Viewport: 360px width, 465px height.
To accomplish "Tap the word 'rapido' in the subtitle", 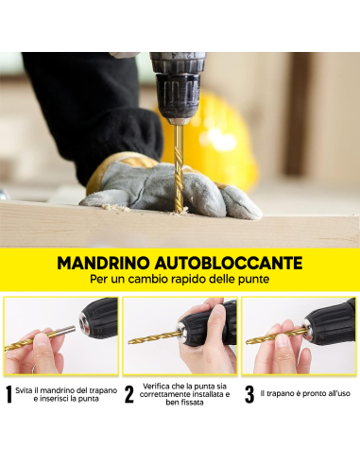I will (x=189, y=280).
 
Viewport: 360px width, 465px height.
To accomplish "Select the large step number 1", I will (x=9, y=395).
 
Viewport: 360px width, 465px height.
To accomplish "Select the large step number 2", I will (x=129, y=395).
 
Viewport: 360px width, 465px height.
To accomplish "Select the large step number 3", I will (x=249, y=395).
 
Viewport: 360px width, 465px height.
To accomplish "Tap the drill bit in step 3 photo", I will (x=274, y=335).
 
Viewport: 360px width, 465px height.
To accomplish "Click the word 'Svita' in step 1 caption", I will (x=26, y=389).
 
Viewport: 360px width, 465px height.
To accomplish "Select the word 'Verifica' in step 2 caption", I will (x=158, y=385).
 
